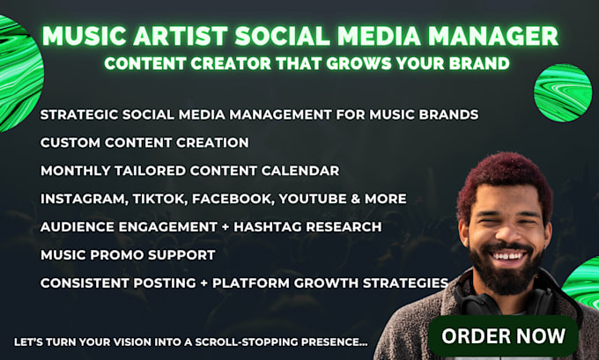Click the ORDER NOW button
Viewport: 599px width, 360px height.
tap(503, 335)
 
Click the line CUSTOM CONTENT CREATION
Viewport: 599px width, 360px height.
tap(144, 143)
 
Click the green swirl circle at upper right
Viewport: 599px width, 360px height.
tap(561, 92)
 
